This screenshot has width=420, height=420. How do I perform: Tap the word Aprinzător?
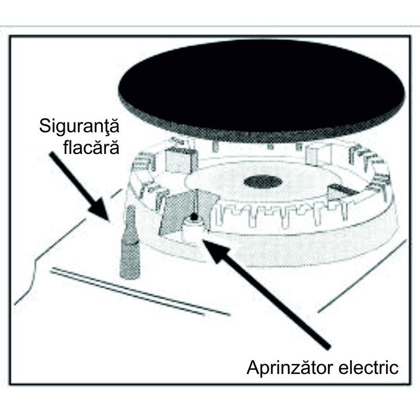292,368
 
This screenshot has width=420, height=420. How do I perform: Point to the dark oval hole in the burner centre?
262,181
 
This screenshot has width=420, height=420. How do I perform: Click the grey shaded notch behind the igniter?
173,213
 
